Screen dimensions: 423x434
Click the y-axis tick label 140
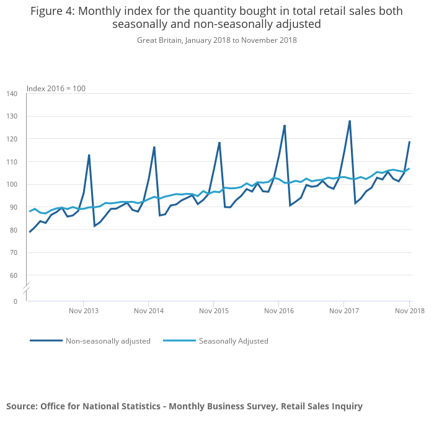pos(12,94)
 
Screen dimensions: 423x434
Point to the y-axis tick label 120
pos(12,139)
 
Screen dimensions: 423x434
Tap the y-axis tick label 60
pos(14,275)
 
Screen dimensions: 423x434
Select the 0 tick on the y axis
pos(15,301)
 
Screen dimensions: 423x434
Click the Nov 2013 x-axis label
pos(84,311)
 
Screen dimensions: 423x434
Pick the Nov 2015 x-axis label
pos(214,311)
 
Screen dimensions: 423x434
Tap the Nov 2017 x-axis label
pos(344,311)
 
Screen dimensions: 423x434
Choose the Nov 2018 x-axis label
pos(409,311)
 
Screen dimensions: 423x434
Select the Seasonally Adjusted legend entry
pos(233,341)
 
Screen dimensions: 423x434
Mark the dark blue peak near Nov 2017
pos(350,121)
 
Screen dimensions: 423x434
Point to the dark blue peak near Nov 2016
pos(285,125)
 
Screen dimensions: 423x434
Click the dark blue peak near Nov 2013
pos(89,155)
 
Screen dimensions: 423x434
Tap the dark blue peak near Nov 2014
pos(154,147)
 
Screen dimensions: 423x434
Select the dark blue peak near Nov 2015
pos(219,143)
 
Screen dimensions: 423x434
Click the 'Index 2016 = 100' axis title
pos(56,88)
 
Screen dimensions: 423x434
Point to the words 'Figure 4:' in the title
pos(53,11)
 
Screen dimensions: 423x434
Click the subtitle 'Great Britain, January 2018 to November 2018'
pos(217,40)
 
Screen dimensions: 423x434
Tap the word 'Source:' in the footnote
pos(22,406)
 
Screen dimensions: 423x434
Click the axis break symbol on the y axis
pos(27,289)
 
